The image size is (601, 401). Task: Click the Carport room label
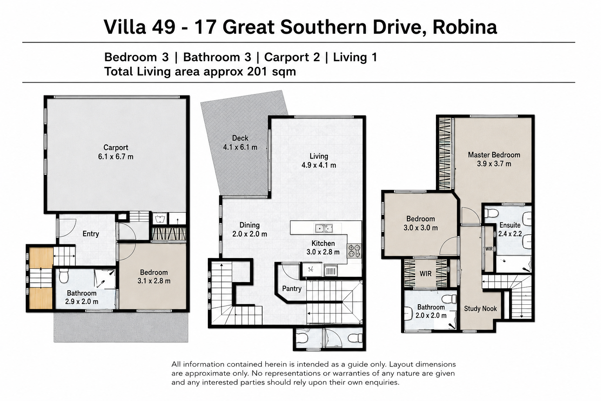click(x=116, y=148)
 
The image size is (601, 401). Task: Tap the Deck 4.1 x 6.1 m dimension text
click(x=240, y=147)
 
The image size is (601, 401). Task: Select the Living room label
click(x=319, y=156)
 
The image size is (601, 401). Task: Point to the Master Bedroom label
click(x=494, y=155)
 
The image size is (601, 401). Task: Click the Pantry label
click(x=292, y=289)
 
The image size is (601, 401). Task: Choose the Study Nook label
click(x=480, y=309)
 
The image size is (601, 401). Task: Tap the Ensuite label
click(x=510, y=225)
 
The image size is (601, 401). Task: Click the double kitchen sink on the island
click(x=324, y=228)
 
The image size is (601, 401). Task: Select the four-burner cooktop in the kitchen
click(x=354, y=251)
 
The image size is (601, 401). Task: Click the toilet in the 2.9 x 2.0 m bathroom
click(x=64, y=276)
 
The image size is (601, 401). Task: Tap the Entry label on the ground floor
click(x=91, y=234)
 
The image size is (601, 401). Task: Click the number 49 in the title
click(x=164, y=27)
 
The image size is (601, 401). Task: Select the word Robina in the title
click(x=465, y=27)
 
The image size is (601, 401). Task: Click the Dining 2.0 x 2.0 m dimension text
click(x=250, y=234)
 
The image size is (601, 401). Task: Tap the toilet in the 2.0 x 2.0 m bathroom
click(x=450, y=298)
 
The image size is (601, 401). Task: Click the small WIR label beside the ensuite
click(x=489, y=249)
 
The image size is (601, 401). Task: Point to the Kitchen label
click(x=323, y=243)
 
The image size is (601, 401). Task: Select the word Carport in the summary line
click(x=292, y=57)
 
